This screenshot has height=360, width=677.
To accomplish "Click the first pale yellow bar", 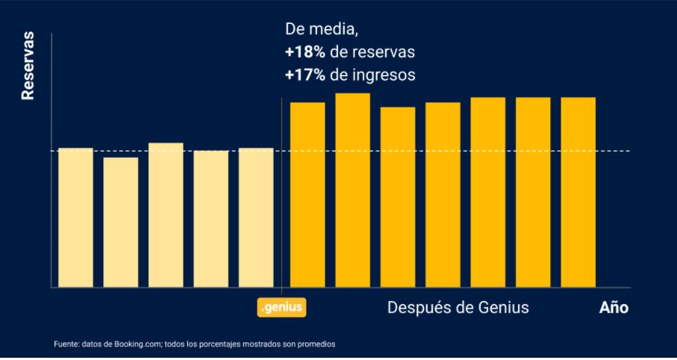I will click(75, 217).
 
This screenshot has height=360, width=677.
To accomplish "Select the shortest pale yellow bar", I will click(121, 222).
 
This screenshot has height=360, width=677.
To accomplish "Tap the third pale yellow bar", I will click(166, 214).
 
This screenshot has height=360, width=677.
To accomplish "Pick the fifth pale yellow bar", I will click(256, 217).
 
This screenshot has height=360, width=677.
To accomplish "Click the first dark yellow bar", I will click(308, 194).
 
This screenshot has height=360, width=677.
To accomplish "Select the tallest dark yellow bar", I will click(352, 190).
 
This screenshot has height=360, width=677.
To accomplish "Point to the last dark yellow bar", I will click(578, 192).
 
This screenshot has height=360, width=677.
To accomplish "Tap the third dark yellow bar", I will click(397, 196).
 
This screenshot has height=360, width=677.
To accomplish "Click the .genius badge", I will click(283, 307).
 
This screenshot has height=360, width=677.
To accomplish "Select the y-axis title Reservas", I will click(28, 66).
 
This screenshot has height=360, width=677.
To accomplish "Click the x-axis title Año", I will click(614, 308).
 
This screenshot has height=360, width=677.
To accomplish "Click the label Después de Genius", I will click(458, 308).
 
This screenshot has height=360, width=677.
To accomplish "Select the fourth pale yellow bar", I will click(211, 219).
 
